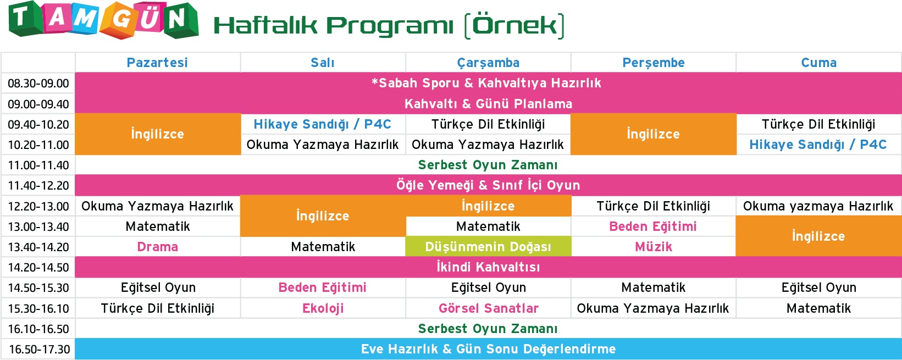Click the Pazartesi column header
coord(157,63)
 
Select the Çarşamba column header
coord(488,63)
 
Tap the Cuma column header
coord(818,63)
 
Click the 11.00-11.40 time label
coord(38,165)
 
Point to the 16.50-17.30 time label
coord(39,349)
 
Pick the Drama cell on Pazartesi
coord(157,246)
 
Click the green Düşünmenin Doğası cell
coord(488,246)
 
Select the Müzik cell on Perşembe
coord(654,246)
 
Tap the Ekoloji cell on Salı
coord(323,308)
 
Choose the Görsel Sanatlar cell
coord(489,308)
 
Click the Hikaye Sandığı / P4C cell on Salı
coord(323,124)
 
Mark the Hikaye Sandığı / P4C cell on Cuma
coord(818,144)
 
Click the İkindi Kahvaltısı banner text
coord(488,267)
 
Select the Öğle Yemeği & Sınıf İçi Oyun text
coord(488,185)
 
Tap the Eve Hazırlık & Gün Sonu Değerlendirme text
coord(489,348)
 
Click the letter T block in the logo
coord(25,19)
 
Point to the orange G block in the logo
coord(120,21)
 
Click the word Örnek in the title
coord(514,25)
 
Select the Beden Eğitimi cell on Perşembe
coord(653,226)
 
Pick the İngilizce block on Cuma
coord(818,236)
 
